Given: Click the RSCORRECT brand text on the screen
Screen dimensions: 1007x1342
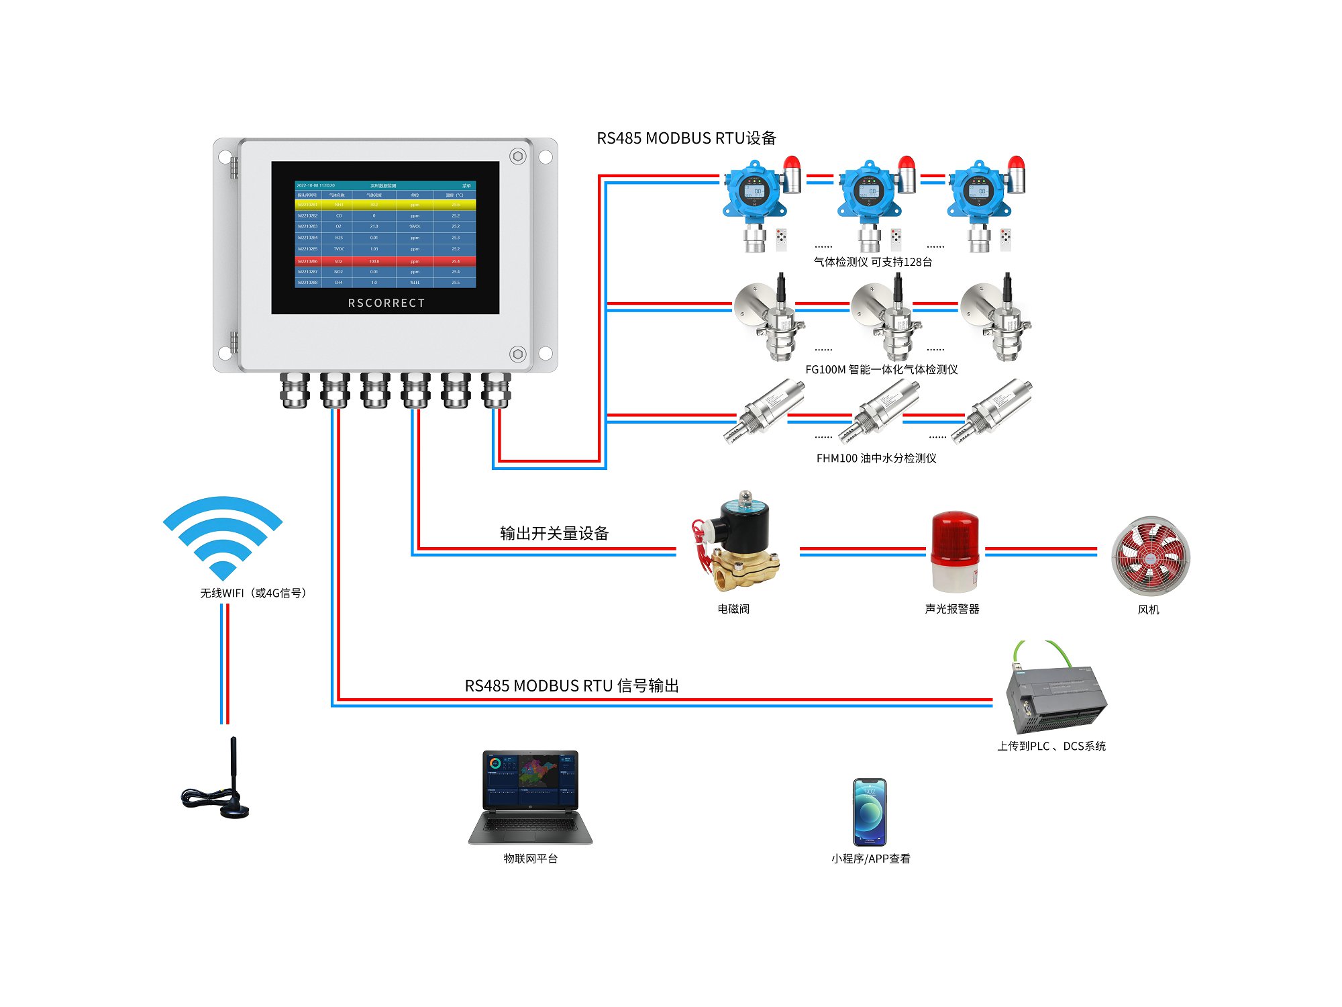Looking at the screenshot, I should pyautogui.click(x=386, y=303).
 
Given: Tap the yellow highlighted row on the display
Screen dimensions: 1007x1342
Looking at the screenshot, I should pyautogui.click(x=385, y=205).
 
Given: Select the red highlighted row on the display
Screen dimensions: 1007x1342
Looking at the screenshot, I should pyautogui.click(x=385, y=261).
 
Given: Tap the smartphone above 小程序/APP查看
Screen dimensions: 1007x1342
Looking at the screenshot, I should pyautogui.click(x=870, y=812).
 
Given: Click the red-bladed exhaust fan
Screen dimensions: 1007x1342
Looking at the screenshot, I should pyautogui.click(x=1151, y=555).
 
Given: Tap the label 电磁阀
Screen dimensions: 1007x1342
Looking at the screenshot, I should pyautogui.click(x=733, y=609).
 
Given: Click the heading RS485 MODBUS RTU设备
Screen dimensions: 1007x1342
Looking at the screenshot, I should pyautogui.click(x=686, y=138).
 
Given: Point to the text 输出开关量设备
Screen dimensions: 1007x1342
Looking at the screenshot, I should pyautogui.click(x=554, y=534).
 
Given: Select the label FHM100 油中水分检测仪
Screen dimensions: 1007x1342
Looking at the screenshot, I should pyautogui.click(x=876, y=458).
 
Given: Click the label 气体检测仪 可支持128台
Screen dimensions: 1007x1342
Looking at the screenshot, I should pyautogui.click(x=872, y=262).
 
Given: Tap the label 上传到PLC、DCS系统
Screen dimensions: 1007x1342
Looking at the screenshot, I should pyautogui.click(x=1051, y=746).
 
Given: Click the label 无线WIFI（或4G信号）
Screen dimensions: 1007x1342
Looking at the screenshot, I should pyautogui.click(x=254, y=593).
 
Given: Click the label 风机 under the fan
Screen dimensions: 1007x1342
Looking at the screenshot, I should pyautogui.click(x=1148, y=610).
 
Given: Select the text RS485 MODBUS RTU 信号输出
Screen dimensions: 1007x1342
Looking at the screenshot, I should pyautogui.click(x=572, y=685).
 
